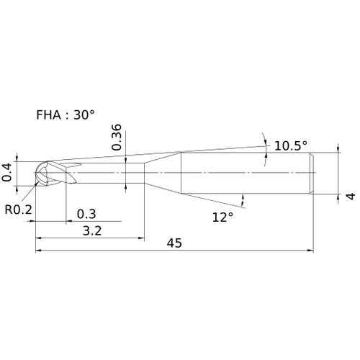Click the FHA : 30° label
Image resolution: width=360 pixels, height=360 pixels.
tap(66, 114)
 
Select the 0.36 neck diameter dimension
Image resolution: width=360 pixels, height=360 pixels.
tap(117, 137)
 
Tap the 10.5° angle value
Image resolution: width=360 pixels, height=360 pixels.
tap(291, 145)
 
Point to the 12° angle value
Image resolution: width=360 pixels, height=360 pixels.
tap(222, 217)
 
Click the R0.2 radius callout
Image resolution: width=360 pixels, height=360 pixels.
tap(18, 210)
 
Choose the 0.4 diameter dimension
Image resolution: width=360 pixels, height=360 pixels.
tap(6, 172)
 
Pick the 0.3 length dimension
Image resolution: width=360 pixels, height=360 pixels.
tap(86, 214)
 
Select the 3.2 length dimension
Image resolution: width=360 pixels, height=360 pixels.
tap(92, 231)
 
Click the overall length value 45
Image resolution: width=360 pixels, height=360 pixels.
tap(174, 243)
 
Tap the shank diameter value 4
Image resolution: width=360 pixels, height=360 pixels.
tap(351, 196)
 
